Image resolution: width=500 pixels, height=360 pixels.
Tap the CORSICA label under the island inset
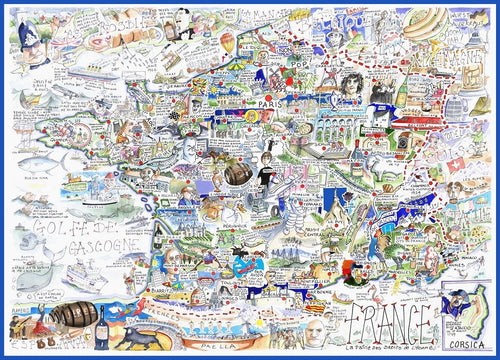468,337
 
